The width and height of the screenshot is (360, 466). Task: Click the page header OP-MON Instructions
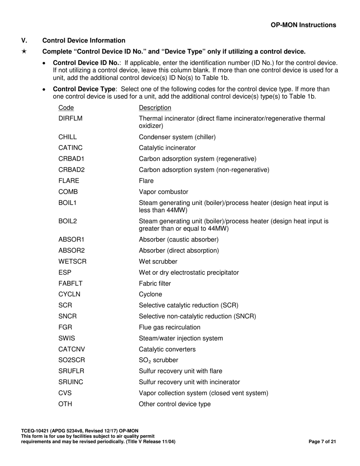[x=303, y=25]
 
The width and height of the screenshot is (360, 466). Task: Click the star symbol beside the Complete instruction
[x=24, y=52]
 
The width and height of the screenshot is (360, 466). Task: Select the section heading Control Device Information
[x=84, y=41]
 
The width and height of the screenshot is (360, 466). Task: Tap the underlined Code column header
[x=66, y=108]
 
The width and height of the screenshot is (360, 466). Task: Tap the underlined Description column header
[x=155, y=108]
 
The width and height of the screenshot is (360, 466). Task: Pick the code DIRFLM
[x=70, y=119]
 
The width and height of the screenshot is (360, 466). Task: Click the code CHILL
[x=67, y=137]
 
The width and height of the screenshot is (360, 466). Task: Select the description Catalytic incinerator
[x=167, y=148]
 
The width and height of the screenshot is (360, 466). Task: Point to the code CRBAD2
[x=72, y=170]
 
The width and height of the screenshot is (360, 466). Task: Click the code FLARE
[x=69, y=181]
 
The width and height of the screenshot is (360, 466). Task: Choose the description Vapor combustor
[x=163, y=192]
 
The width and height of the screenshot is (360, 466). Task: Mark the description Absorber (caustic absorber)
[x=179, y=239]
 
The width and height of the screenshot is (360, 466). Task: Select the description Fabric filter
[x=155, y=283]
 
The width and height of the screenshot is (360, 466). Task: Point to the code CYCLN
[x=69, y=294]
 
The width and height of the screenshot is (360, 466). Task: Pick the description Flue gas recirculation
[x=170, y=327]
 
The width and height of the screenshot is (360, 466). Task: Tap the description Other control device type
[x=175, y=404]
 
